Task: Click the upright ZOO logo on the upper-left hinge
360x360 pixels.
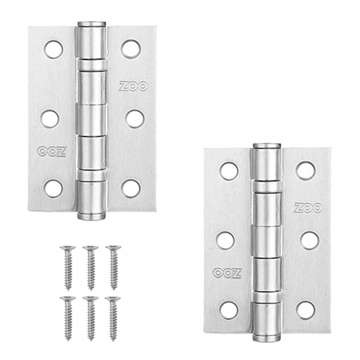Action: pos(134,86)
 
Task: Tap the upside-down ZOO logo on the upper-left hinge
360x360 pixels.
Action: pos(52,152)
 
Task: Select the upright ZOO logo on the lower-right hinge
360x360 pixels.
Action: pos(309,208)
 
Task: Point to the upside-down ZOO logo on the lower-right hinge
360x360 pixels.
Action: pos(227,273)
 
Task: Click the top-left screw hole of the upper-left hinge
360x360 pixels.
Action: pos(54,50)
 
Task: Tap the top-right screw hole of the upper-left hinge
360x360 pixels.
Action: pos(131,49)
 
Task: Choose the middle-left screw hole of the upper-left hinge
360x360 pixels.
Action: pos(50,119)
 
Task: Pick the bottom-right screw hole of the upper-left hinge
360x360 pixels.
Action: pos(131,189)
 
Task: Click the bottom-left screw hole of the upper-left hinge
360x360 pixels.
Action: pos(54,189)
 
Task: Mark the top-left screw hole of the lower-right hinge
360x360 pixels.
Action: pos(229,171)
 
